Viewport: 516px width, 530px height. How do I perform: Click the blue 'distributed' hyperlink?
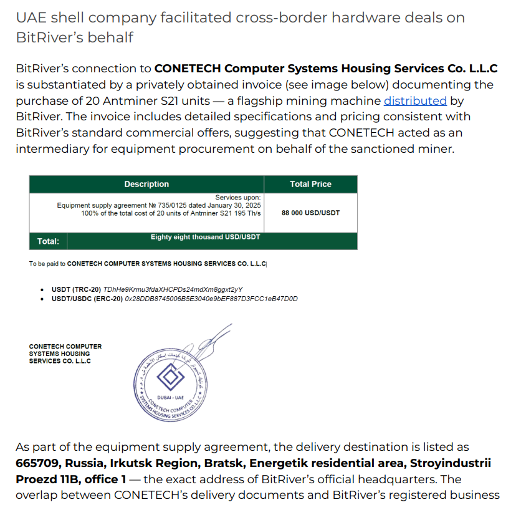[x=415, y=101]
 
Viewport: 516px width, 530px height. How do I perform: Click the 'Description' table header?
[x=146, y=184]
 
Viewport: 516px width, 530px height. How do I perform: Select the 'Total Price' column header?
[x=310, y=184]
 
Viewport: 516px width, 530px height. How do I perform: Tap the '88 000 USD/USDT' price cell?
[x=310, y=213]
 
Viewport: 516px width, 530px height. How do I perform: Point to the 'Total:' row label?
[x=48, y=241]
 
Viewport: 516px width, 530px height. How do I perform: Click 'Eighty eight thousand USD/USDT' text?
[x=205, y=237]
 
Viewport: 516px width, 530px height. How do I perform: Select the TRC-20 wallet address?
[x=173, y=290]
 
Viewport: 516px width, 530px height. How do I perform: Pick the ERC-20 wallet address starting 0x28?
[x=211, y=299]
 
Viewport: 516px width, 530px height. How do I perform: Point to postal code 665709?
[x=38, y=463]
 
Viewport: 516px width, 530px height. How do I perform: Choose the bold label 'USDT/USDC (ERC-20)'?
[x=87, y=299]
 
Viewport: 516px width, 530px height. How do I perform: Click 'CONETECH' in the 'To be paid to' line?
[x=84, y=264]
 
